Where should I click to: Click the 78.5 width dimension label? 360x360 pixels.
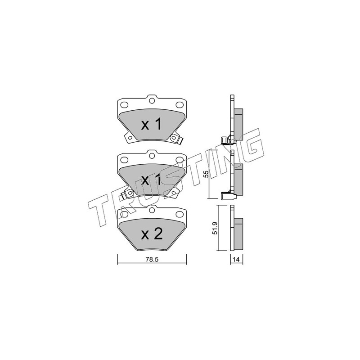coord(152,260)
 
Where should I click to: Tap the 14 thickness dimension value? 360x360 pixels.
coord(236,260)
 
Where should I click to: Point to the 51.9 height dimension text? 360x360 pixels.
coord(215,228)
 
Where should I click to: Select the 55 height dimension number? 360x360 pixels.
coord(207,174)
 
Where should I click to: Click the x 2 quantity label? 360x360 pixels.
coord(152,234)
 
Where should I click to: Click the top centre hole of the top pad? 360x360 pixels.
coord(152,100)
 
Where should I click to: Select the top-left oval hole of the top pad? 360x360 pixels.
coord(124,105)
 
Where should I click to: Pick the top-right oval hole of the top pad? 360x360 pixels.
coord(179,105)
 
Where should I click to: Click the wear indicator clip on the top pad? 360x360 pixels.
coord(176,139)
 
